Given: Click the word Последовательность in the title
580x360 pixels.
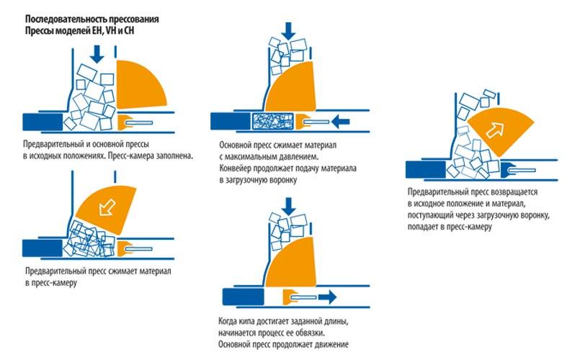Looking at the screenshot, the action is [61, 19].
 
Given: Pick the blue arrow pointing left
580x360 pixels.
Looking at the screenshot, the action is [341, 121].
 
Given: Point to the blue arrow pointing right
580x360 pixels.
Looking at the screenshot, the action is [328, 297].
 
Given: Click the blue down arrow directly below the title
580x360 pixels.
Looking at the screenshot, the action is [97, 54].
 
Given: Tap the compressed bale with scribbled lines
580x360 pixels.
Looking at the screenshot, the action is [273, 122].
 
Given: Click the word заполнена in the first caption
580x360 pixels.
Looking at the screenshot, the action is [174, 156].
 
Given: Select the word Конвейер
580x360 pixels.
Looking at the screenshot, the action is [236, 168].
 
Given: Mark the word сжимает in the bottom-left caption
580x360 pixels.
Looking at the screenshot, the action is [123, 271].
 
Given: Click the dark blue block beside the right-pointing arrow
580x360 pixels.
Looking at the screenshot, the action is [244, 297].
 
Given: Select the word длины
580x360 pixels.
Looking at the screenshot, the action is [337, 321].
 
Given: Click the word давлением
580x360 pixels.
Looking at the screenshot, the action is [300, 157].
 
